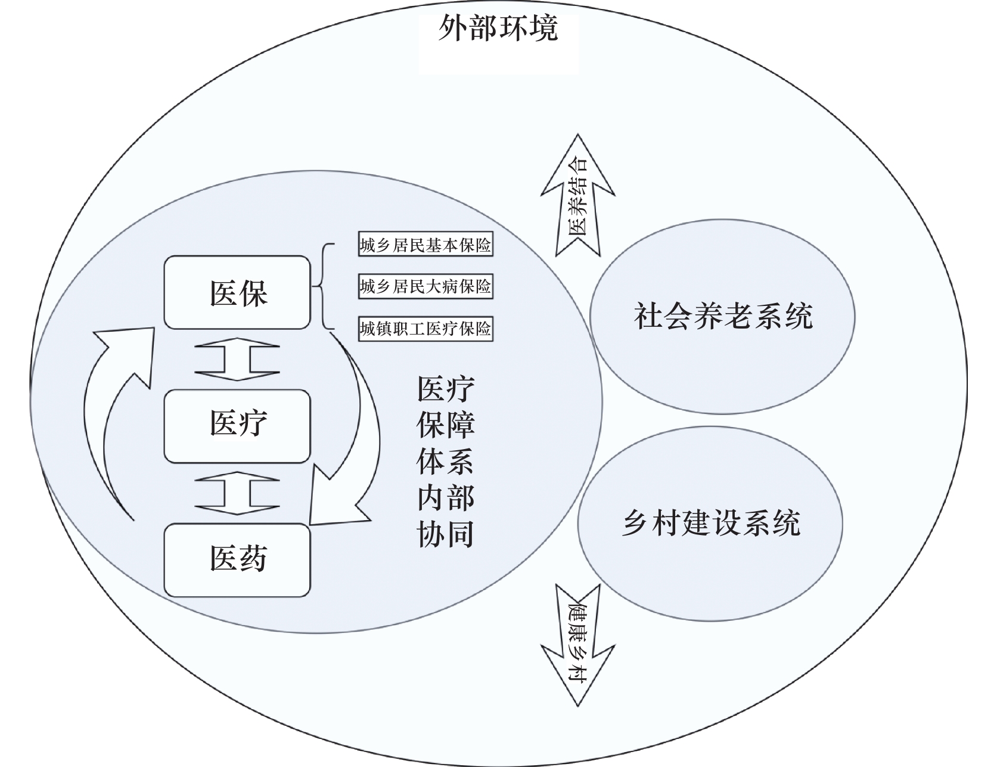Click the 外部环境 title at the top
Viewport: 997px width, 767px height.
tap(498, 28)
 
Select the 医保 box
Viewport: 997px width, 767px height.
tap(238, 293)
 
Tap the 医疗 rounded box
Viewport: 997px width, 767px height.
tap(238, 425)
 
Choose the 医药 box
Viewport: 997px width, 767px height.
tap(238, 559)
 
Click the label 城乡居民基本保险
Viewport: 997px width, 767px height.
tap(425, 245)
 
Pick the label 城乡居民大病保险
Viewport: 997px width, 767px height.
tap(425, 287)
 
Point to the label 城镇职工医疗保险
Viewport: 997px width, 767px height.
tap(425, 329)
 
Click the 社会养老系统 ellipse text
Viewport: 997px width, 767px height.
tap(722, 316)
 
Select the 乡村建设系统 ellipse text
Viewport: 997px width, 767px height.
tap(710, 523)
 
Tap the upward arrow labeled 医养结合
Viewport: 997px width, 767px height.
tap(577, 197)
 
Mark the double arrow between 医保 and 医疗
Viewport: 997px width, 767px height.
tap(237, 359)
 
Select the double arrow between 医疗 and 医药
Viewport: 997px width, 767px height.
tap(237, 493)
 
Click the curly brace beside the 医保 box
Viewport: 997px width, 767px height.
tap(322, 287)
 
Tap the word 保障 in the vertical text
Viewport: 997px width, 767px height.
tap(446, 425)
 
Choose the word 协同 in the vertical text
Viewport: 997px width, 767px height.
tap(446, 533)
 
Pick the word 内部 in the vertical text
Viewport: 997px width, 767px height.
tap(446, 497)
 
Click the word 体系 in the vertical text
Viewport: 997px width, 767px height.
tap(446, 461)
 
